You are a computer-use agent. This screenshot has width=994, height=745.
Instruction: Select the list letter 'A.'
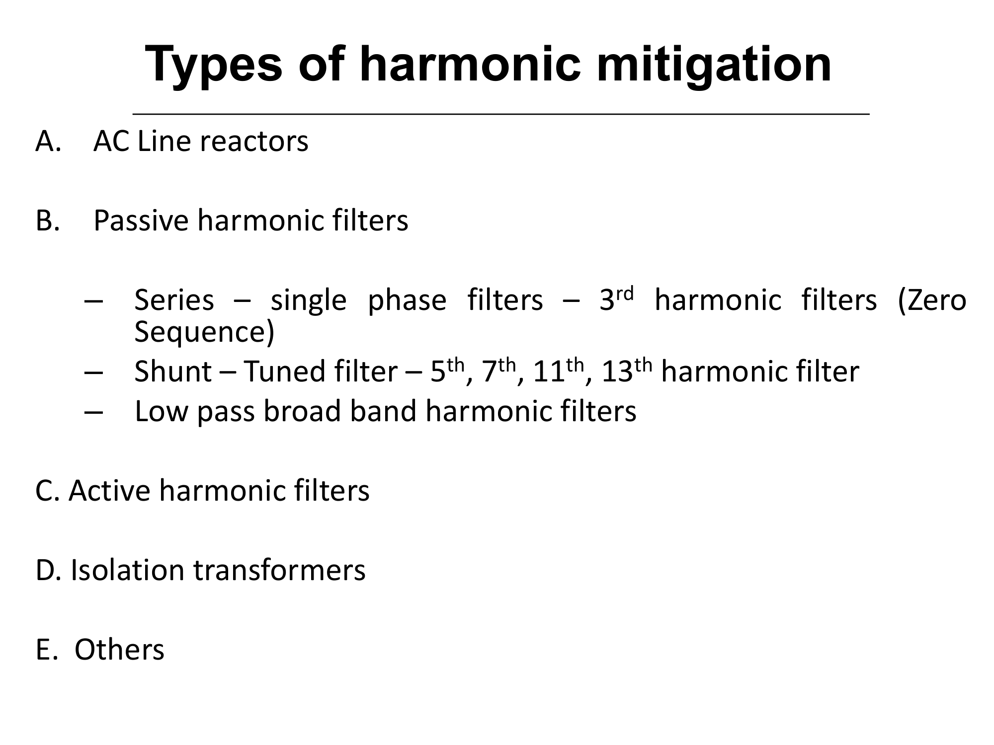[x=48, y=142]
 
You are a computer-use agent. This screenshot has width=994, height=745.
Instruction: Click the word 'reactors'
[x=254, y=142]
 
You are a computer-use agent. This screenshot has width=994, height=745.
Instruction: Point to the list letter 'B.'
[x=48, y=221]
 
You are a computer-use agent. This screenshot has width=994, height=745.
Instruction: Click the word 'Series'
[x=174, y=300]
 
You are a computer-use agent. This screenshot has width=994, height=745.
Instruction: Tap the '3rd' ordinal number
[x=616, y=298]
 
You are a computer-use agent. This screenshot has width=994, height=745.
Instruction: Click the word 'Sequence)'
[x=204, y=332]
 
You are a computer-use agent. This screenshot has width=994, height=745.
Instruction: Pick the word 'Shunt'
[x=173, y=372]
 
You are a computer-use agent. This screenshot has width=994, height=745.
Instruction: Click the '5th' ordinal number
[x=447, y=371]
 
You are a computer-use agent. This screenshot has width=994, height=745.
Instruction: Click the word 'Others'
[x=119, y=650]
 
